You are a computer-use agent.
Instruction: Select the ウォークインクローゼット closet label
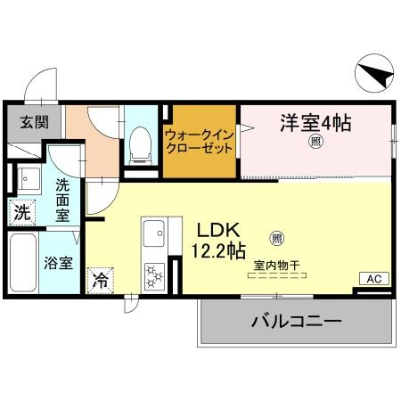pyautogui.click(x=200, y=142)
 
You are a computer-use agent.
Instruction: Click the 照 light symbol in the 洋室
pyautogui.click(x=315, y=141)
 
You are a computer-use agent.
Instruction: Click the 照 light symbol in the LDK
pyautogui.click(x=277, y=238)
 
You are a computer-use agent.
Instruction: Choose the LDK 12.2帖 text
pyautogui.click(x=217, y=240)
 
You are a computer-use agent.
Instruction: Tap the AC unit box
pyautogui.click(x=374, y=279)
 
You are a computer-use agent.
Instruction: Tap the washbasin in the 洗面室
pyautogui.click(x=29, y=179)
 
